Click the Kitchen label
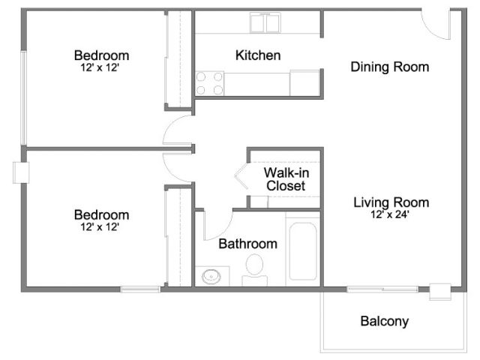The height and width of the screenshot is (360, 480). point(258,55)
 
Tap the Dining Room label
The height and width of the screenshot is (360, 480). point(390,67)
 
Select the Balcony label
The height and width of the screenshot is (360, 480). point(385,321)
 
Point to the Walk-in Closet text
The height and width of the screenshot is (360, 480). point(286,179)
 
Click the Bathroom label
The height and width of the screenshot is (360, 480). point(248,244)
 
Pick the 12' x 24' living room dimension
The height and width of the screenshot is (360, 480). point(390,214)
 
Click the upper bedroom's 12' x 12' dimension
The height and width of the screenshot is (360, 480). point(100,67)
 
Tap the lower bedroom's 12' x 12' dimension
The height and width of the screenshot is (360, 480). point(100,226)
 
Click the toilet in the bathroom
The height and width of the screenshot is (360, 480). point(255,270)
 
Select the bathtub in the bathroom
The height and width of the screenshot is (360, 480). point(303,251)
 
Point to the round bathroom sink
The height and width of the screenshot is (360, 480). point(211,277)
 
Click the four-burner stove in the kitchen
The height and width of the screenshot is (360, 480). point(210,83)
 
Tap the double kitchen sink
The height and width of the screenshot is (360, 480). point(265,22)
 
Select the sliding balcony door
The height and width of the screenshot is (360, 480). point(382,289)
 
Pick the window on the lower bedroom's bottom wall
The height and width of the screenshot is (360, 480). point(140,289)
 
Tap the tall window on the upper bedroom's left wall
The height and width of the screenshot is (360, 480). point(23,98)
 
